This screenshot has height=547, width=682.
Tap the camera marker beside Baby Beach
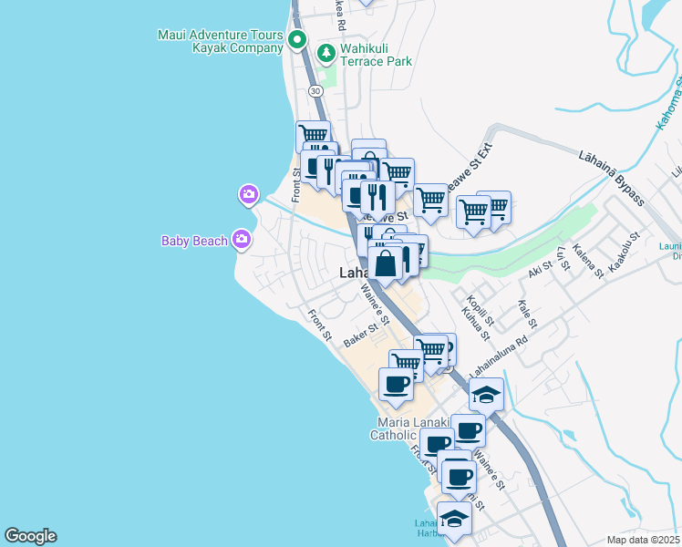(x=242, y=239)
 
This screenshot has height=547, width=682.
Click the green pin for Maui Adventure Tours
(x=296, y=40)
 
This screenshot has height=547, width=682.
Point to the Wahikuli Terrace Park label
(x=376, y=55)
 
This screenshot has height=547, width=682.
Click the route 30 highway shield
(x=315, y=91)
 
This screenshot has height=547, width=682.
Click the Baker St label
(x=360, y=335)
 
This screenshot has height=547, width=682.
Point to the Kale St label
(x=526, y=313)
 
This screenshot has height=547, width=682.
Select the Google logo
(x=30, y=536)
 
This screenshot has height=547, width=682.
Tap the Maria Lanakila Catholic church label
(x=406, y=428)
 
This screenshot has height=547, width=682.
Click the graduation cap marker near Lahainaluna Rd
(x=487, y=395)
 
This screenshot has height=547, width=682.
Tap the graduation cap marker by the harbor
(x=454, y=519)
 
